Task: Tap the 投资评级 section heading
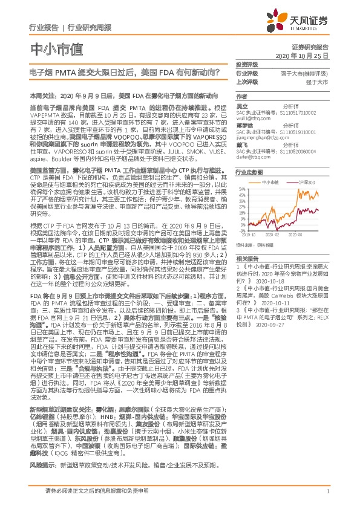click(x=247, y=64)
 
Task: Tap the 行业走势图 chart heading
click(x=249, y=172)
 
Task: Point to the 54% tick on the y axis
click(x=242, y=188)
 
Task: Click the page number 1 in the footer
click(x=327, y=497)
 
